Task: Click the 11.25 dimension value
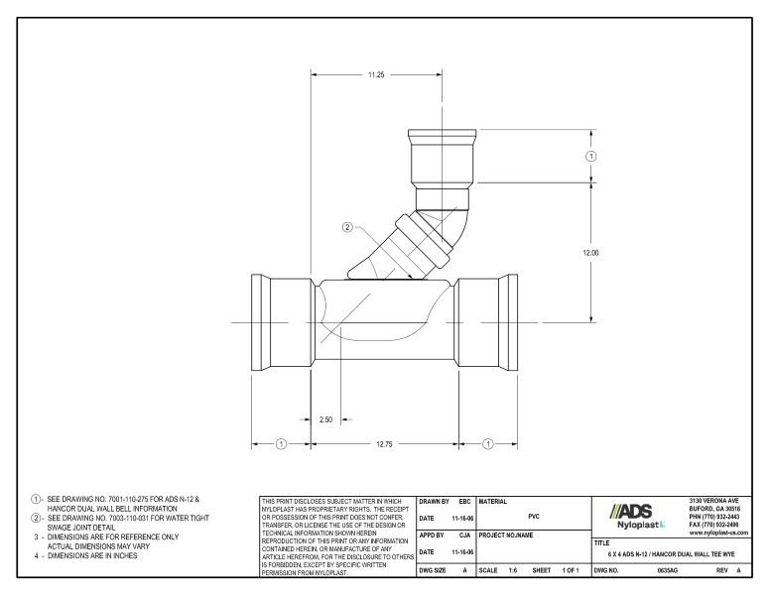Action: coord(377,74)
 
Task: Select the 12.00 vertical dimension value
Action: coord(590,253)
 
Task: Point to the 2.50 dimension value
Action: coord(324,419)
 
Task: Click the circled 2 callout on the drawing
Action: coord(347,227)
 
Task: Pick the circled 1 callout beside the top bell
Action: coord(591,156)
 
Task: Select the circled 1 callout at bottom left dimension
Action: coord(281,444)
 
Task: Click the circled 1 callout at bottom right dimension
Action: coord(487,444)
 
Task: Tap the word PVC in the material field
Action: coord(534,517)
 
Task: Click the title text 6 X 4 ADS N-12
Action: coord(645,554)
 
